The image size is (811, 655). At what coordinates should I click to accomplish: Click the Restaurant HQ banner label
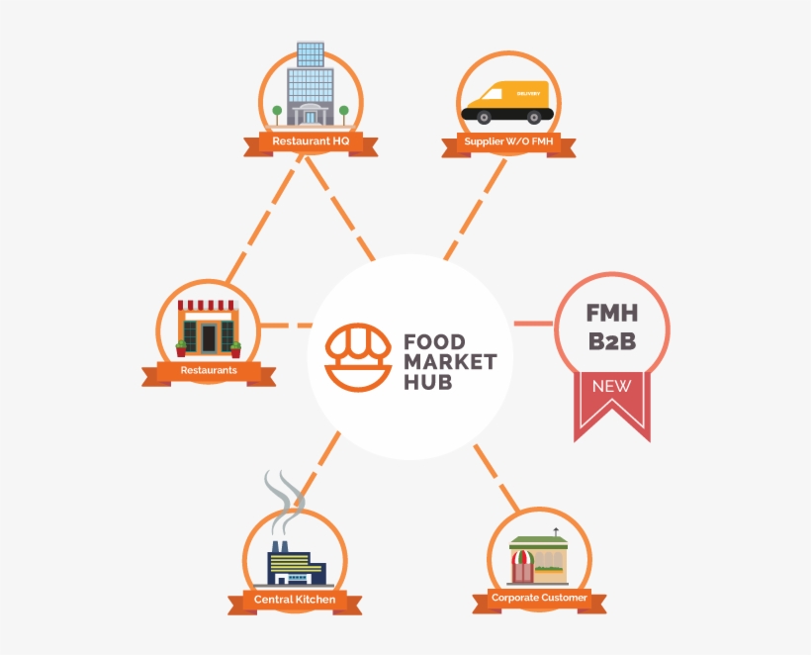pyautogui.click(x=311, y=140)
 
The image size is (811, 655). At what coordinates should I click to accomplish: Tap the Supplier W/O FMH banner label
pyautogui.click(x=508, y=141)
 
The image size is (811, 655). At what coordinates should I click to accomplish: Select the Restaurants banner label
pyautogui.click(x=209, y=370)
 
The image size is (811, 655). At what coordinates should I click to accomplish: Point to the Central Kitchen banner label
pyautogui.click(x=295, y=600)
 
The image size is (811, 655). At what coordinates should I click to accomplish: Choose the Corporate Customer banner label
pyautogui.click(x=539, y=598)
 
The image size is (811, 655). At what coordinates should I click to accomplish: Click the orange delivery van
pyautogui.click(x=507, y=102)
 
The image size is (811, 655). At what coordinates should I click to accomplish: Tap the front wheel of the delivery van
pyautogui.click(x=483, y=118)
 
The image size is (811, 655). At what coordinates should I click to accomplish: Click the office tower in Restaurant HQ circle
pyautogui.click(x=311, y=84)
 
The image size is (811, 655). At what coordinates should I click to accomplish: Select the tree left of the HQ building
pyautogui.click(x=277, y=115)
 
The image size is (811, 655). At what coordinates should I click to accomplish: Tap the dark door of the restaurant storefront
pyautogui.click(x=209, y=337)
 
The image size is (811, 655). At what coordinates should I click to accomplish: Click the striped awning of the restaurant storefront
pyautogui.click(x=206, y=305)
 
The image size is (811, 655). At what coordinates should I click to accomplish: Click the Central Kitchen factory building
pyautogui.click(x=296, y=563)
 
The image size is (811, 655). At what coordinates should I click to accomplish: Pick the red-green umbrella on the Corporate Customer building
pyautogui.click(x=522, y=558)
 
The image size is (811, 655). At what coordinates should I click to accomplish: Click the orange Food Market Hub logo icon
pyautogui.click(x=358, y=357)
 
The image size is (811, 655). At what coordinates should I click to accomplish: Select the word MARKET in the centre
pyautogui.click(x=450, y=362)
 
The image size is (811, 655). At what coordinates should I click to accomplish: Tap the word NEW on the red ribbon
pyautogui.click(x=612, y=386)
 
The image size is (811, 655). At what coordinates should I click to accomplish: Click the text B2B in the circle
pyautogui.click(x=612, y=341)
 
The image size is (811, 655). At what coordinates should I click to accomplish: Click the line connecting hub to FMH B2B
pyautogui.click(x=533, y=324)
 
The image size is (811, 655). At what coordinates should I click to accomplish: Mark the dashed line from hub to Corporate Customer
pyautogui.click(x=496, y=478)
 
